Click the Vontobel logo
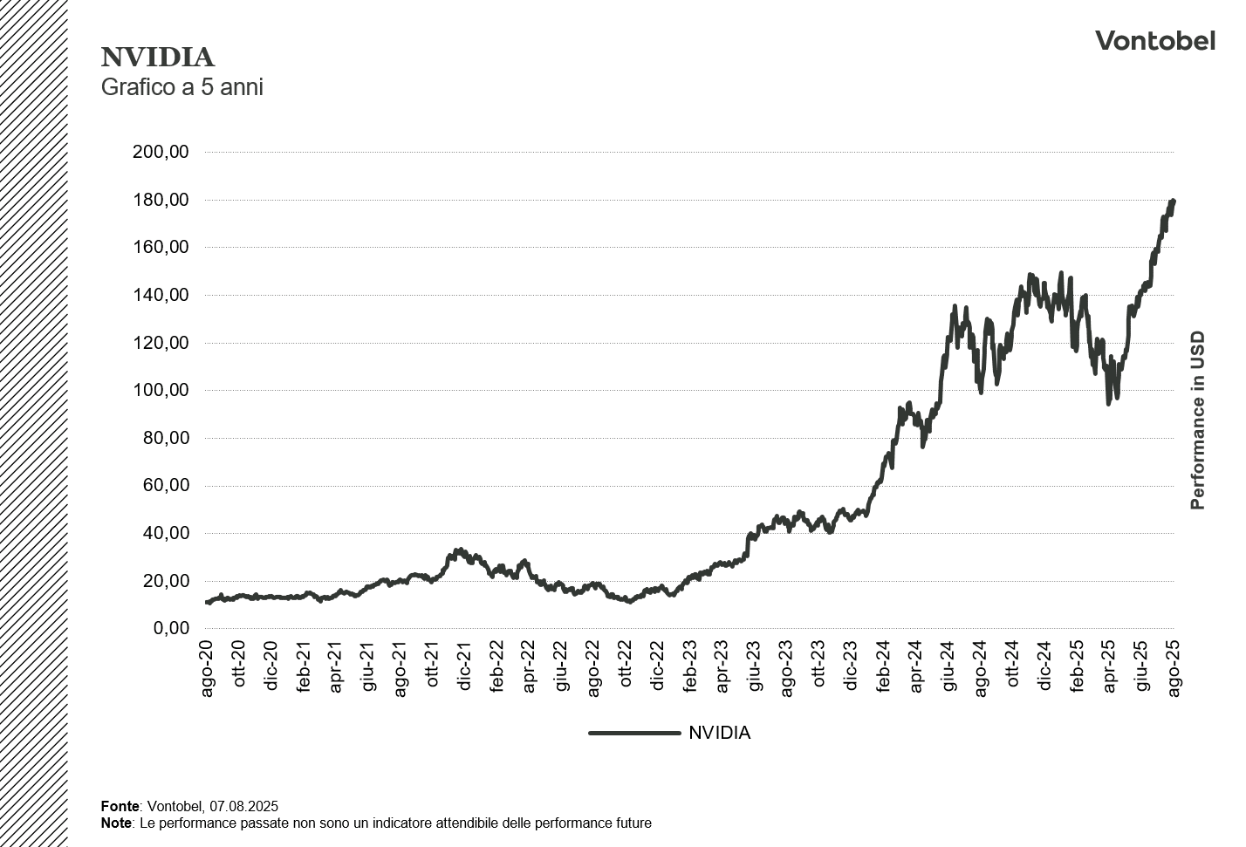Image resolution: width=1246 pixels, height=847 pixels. click(x=1154, y=40)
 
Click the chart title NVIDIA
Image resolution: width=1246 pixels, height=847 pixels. click(x=158, y=58)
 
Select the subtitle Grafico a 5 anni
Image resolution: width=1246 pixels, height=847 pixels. click(x=181, y=87)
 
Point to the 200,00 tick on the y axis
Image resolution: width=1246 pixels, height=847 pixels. click(x=161, y=152)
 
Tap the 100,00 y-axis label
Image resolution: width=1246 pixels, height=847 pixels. click(x=161, y=390)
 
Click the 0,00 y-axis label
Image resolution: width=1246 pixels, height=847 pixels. click(x=171, y=628)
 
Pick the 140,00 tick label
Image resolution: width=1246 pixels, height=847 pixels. click(x=161, y=295)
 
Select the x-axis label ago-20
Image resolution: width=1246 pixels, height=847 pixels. click(x=208, y=668)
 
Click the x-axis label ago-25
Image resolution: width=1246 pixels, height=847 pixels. click(x=1174, y=668)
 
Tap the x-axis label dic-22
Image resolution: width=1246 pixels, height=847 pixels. click(x=659, y=668)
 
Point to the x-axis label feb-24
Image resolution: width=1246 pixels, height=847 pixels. click(x=884, y=668)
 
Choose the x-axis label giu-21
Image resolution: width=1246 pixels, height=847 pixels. click(x=368, y=668)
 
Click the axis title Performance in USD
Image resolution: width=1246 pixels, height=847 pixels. click(x=1197, y=420)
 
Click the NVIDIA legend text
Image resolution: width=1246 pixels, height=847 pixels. click(x=719, y=733)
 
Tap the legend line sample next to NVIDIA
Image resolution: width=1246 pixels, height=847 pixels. click(x=634, y=733)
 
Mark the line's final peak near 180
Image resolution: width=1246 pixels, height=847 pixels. click(x=1173, y=201)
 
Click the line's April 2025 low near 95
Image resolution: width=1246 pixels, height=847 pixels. click(x=1108, y=402)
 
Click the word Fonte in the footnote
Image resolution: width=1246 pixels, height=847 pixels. click(x=120, y=806)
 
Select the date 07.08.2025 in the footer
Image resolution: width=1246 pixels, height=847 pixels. click(x=243, y=806)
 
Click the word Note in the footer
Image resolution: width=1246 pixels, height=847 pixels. click(x=115, y=823)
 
